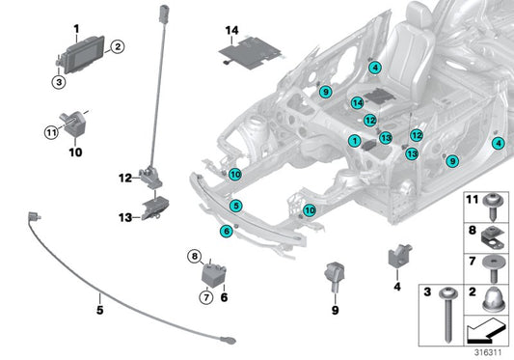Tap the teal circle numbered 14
[357, 102]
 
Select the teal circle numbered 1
[354, 141]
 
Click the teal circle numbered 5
[236, 205]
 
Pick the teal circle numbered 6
[227, 230]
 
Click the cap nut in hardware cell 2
[489, 304]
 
